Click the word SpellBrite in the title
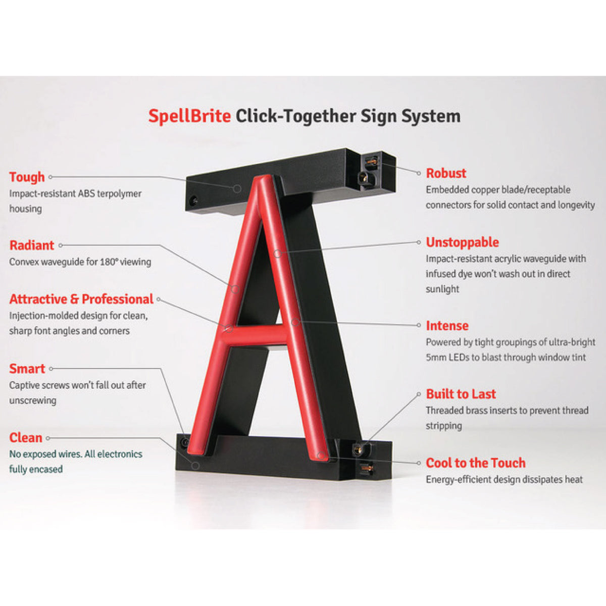[189, 116]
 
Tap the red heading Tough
[27, 177]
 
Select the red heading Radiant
[32, 245]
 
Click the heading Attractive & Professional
[81, 299]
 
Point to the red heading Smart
[27, 369]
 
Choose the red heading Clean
[26, 438]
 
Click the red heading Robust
[446, 173]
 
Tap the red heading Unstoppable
[462, 242]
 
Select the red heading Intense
[447, 326]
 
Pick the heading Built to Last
[461, 394]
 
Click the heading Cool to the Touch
[476, 463]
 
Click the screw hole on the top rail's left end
[193, 200]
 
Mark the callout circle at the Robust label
[419, 173]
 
